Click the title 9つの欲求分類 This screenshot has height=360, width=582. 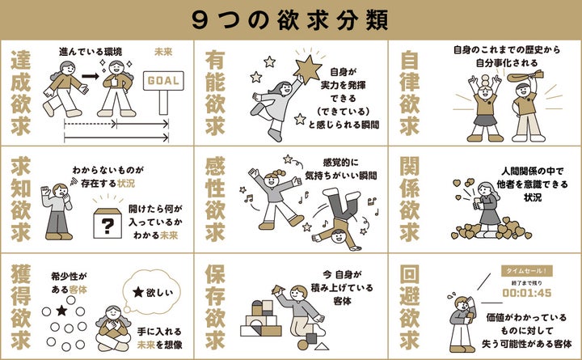coord(290,19)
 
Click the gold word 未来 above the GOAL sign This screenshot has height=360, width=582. coord(163,52)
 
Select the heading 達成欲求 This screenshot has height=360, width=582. coord(21,92)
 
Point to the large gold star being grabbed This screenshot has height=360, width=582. coord(307,70)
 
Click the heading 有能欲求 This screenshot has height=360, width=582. coord(215,92)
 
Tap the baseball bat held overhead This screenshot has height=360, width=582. coord(525,76)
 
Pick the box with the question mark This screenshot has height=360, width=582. coord(108,223)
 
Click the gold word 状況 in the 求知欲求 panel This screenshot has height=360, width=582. coord(126,184)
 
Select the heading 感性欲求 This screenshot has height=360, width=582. coord(215,199)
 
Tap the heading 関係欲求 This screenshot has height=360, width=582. coord(410,199)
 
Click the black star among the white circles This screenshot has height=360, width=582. coord(61,311)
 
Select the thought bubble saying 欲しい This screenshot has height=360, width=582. coord(152,291)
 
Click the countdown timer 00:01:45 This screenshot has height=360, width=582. coord(527,293)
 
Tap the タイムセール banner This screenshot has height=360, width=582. coord(527,271)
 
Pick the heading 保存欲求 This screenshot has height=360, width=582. coord(215,307)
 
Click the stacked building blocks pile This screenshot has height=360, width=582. coord(261,319)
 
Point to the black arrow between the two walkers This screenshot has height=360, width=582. coord(91,77)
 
